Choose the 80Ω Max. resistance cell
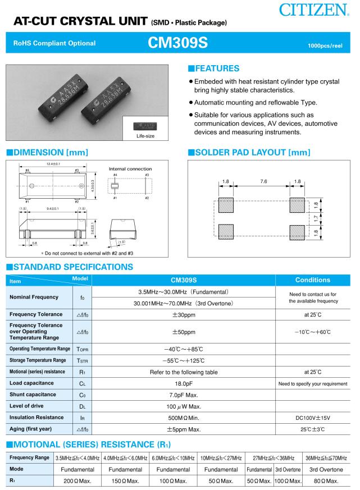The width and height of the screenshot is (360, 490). tap(326, 481)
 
